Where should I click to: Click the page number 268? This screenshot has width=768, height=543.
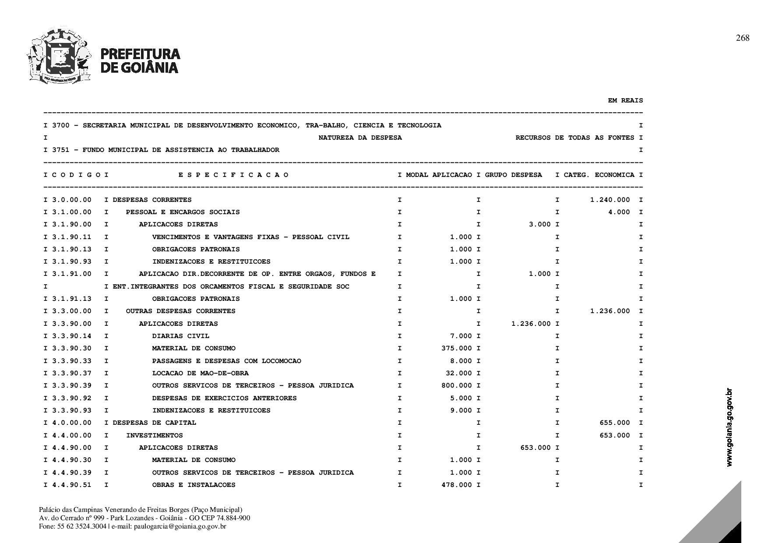(743, 38)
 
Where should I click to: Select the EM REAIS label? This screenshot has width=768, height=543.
(625, 101)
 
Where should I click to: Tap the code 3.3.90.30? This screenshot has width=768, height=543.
(72, 349)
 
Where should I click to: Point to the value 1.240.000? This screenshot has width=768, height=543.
(610, 200)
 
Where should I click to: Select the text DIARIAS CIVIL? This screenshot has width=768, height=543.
(180, 336)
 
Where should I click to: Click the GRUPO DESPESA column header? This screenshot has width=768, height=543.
(513, 175)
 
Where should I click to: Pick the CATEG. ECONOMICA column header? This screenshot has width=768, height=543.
(599, 175)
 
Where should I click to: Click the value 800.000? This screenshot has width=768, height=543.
(457, 386)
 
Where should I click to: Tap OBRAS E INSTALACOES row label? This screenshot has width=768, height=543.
(194, 485)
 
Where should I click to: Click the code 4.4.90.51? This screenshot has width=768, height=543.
(72, 485)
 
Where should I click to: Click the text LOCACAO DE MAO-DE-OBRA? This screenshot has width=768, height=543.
(200, 374)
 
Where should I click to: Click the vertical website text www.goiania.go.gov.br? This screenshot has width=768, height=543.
(729, 427)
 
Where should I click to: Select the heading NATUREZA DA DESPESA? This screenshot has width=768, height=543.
(360, 138)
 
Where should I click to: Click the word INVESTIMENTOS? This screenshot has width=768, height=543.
(154, 436)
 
